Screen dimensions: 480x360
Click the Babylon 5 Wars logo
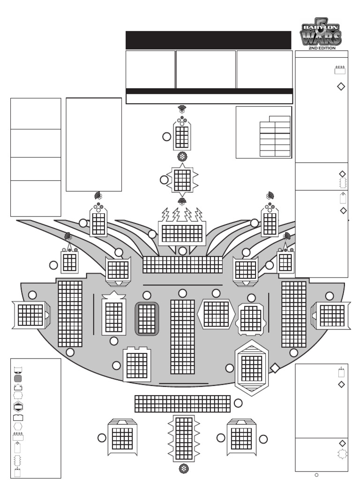pyautogui.click(x=321, y=33)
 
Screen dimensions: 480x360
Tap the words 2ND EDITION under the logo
pyautogui.click(x=321, y=48)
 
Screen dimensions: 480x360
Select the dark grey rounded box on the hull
pyautogui.click(x=147, y=319)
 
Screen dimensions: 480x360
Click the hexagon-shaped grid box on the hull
pyautogui.click(x=216, y=313)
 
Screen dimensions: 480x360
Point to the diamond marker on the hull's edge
pyautogui.click(x=275, y=368)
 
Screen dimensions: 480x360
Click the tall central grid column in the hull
pyautogui.click(x=182, y=337)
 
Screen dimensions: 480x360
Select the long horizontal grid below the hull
pyautogui.click(x=182, y=404)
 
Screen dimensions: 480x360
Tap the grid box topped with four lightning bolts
pyautogui.click(x=182, y=232)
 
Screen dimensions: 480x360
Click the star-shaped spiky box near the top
pyautogui.click(x=182, y=180)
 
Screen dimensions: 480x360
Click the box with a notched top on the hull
pyautogui.click(x=137, y=364)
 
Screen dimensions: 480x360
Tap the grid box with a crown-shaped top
pyautogui.click(x=114, y=315)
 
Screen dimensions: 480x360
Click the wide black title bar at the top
pyautogui.click(x=209, y=40)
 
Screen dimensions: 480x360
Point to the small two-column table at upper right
pyautogui.click(x=275, y=136)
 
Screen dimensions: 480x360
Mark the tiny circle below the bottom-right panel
pyautogui.click(x=317, y=475)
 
